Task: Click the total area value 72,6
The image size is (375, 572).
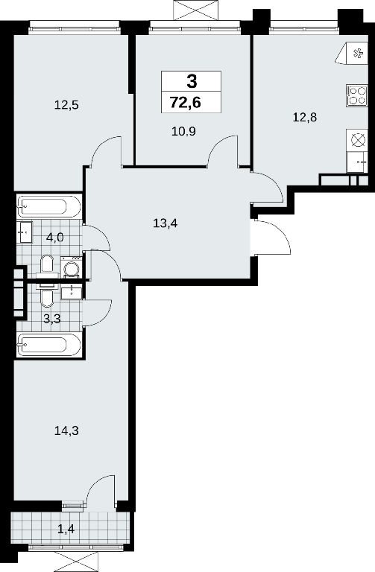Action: [185, 103]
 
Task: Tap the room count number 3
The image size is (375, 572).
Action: [192, 81]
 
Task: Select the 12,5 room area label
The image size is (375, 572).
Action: [67, 106]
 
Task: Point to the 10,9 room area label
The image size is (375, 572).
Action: [183, 130]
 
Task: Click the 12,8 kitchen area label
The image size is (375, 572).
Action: [304, 118]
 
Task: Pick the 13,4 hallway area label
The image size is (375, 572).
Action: [165, 223]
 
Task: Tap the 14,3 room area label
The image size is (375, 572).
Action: [66, 430]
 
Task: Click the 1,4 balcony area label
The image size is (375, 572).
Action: [66, 528]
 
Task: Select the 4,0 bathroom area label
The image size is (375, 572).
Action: [55, 238]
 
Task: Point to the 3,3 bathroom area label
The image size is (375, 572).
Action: [52, 319]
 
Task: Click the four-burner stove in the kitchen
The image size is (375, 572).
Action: [356, 95]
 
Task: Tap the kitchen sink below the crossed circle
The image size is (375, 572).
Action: [357, 162]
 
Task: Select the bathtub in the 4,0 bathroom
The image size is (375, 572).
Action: [48, 207]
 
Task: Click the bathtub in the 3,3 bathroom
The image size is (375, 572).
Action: [48, 344]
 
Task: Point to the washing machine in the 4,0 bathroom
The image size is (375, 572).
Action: [71, 267]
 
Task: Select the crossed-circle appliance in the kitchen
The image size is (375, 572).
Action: [357, 140]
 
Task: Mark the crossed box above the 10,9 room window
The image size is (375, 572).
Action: [197, 10]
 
